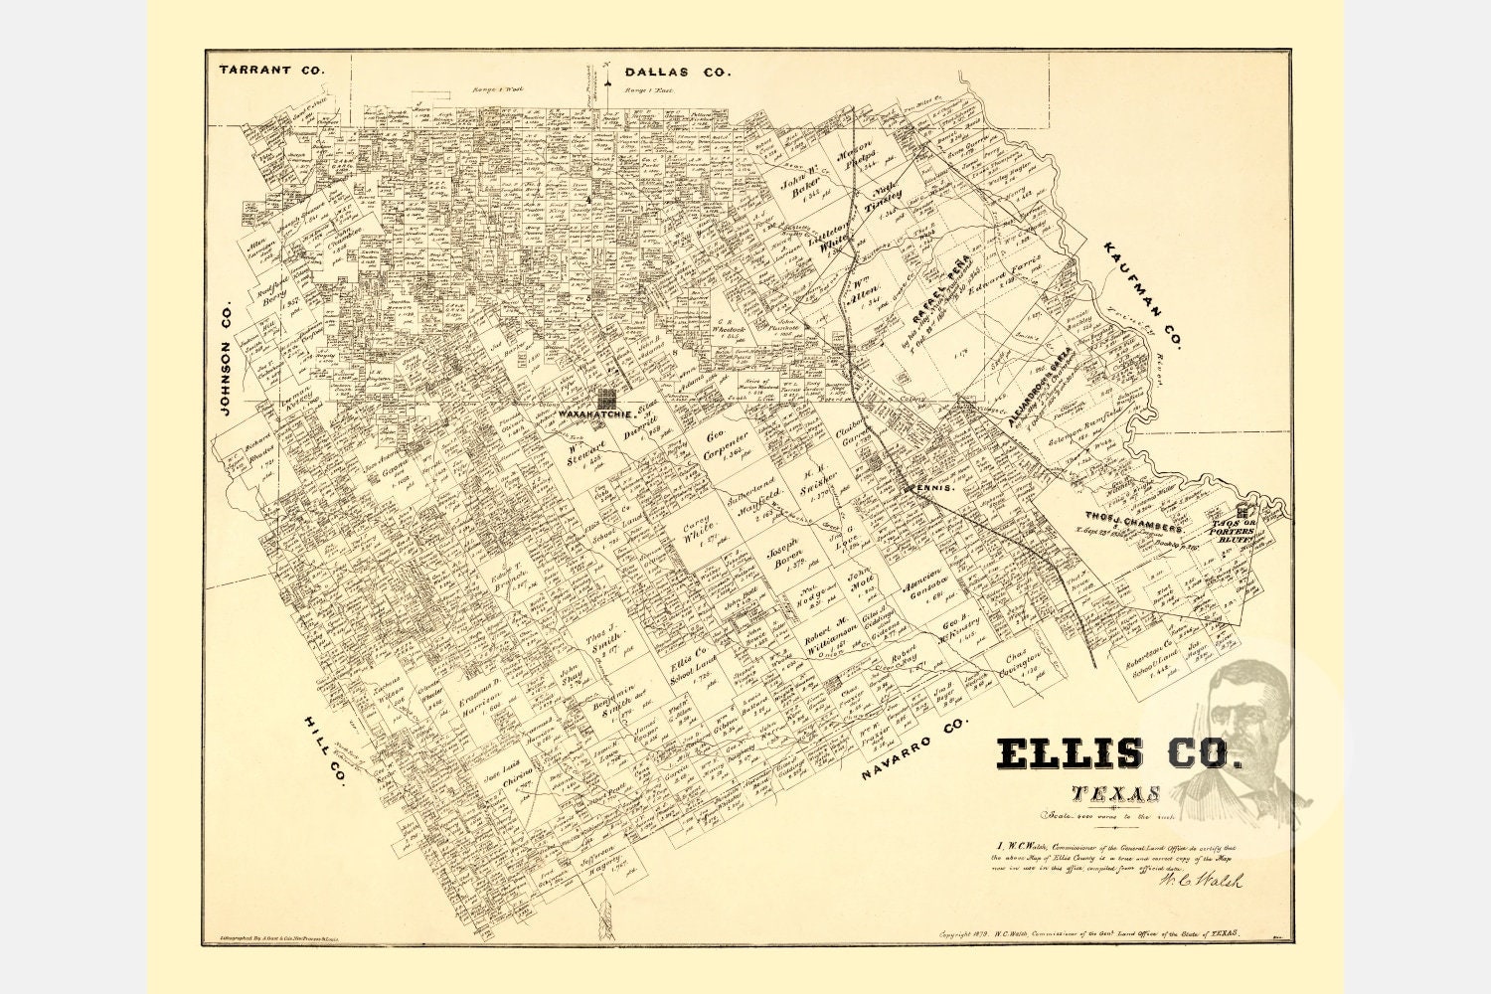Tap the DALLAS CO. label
coord(678,72)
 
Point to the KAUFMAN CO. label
coord(1142,294)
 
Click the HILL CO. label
coord(324,750)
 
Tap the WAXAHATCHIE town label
coord(595,413)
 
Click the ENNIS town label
coord(936,488)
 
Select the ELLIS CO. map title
coord(1119,753)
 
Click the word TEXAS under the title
coord(1116,794)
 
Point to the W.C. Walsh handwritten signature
coord(1201,880)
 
